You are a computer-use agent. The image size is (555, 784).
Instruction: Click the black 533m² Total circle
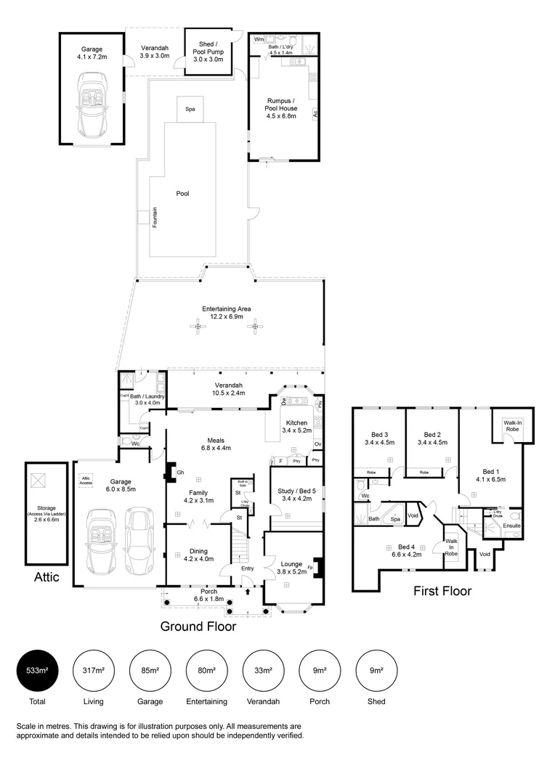pyautogui.click(x=37, y=670)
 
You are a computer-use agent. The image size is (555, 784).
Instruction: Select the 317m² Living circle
pyautogui.click(x=94, y=670)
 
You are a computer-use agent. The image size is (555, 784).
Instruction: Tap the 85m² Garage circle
pyautogui.click(x=150, y=670)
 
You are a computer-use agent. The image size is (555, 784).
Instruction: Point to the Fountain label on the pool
pyautogui.click(x=154, y=217)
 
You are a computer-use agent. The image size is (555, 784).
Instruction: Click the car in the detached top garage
pyautogui.click(x=92, y=109)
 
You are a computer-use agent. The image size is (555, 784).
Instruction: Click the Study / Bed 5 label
pyautogui.click(x=296, y=494)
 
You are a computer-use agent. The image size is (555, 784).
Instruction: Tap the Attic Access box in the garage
pyautogui.click(x=86, y=480)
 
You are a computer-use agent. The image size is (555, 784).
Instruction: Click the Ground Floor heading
pyautogui.click(x=198, y=626)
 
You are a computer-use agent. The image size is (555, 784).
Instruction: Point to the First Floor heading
pyautogui.click(x=443, y=591)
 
